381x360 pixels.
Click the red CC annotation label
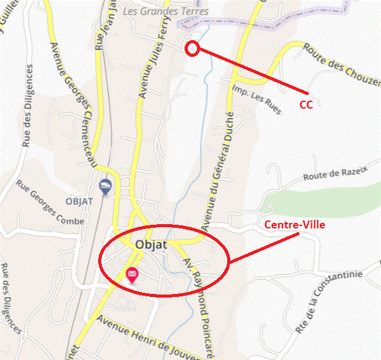[306, 104]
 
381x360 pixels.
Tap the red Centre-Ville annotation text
[295, 225]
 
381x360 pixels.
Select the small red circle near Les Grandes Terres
[192, 49]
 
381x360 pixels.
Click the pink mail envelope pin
[132, 275]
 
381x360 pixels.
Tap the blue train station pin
[106, 186]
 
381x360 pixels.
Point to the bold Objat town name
[151, 245]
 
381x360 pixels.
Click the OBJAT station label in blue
[78, 201]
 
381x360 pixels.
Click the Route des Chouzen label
[340, 67]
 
